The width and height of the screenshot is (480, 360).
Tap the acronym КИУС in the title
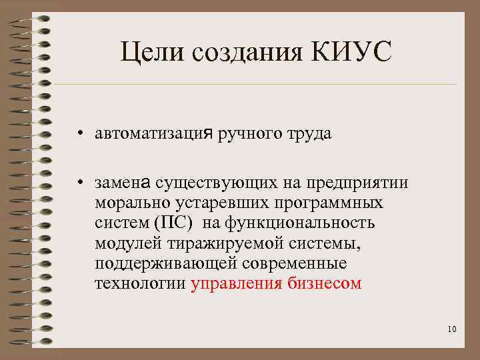click(349, 53)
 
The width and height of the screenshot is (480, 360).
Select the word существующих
click(212, 183)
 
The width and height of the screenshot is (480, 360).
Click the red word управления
click(237, 283)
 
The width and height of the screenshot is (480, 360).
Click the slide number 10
click(452, 329)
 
